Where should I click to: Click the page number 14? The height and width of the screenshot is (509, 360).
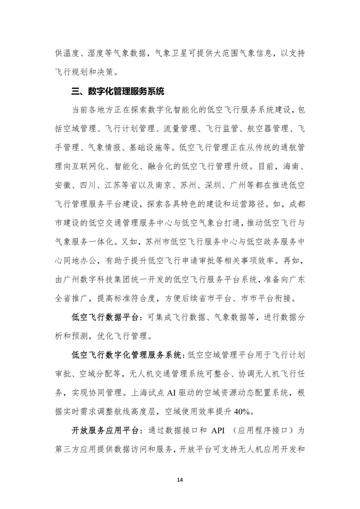(x=180, y=480)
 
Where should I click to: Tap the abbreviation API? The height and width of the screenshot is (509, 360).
(x=218, y=430)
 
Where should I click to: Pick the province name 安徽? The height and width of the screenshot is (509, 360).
(x=63, y=185)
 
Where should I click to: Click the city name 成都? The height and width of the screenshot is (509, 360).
(x=297, y=204)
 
